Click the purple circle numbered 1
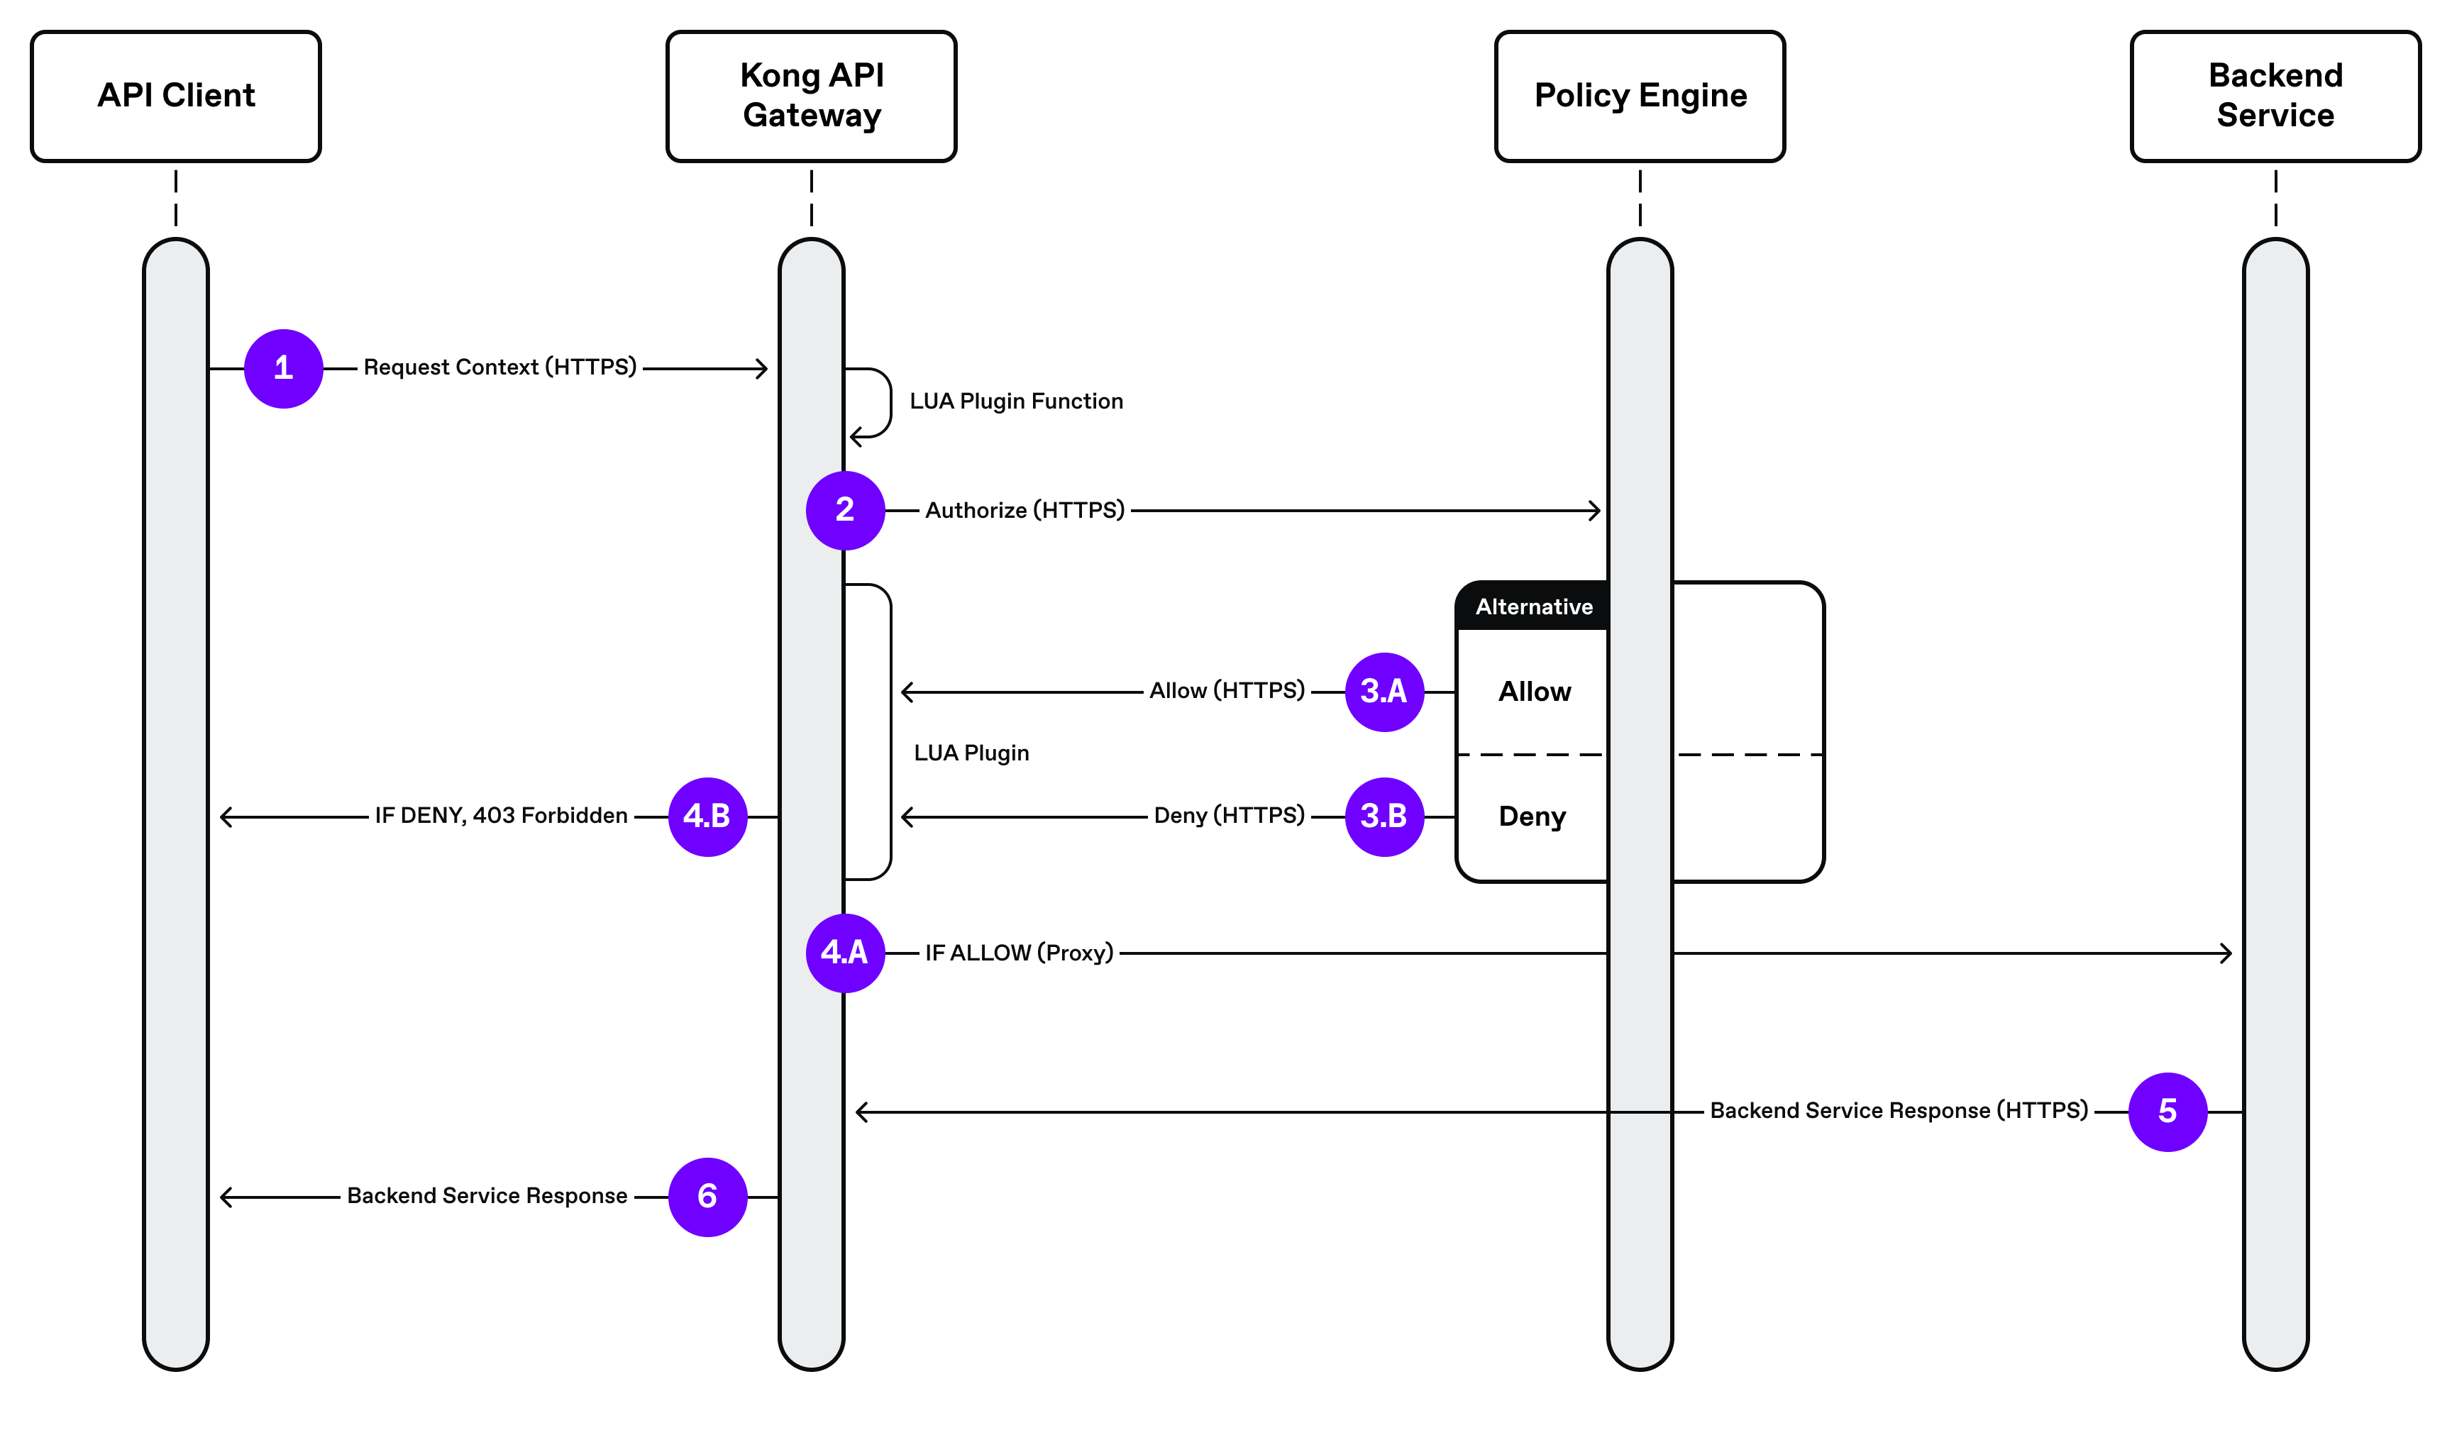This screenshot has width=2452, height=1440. (x=283, y=369)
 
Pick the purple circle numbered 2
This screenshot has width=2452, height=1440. (x=844, y=511)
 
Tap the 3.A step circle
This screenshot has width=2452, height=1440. (x=1384, y=692)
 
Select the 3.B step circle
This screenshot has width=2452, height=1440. (x=1384, y=816)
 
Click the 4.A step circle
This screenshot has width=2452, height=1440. (x=844, y=953)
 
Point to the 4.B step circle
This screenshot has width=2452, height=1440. (x=707, y=816)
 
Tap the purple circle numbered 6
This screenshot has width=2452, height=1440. (x=707, y=1197)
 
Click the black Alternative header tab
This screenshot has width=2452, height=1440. (x=1533, y=607)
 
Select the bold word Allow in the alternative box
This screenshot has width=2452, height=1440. (x=1535, y=692)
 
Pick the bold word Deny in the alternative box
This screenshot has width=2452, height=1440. (x=1532, y=816)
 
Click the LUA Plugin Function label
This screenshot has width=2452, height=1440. (x=1016, y=401)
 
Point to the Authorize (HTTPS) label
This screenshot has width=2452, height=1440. (x=1025, y=511)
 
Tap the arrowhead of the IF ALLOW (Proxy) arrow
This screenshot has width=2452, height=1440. (x=2226, y=953)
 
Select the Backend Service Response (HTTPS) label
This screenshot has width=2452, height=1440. (x=1899, y=1111)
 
